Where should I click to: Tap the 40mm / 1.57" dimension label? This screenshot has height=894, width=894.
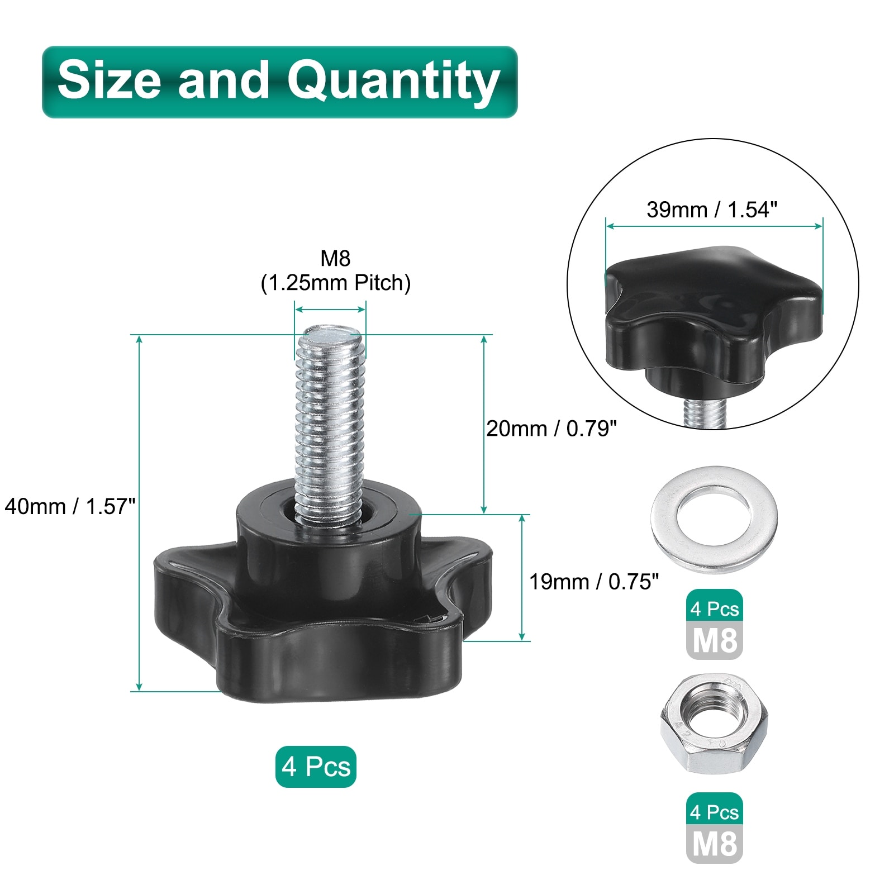70,507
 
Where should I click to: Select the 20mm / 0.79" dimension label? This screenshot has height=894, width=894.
551,429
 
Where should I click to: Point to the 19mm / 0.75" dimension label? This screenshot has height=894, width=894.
594,582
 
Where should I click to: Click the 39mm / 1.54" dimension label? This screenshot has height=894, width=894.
712,210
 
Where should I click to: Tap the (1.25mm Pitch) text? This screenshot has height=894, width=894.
336,283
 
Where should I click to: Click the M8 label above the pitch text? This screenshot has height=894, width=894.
335,258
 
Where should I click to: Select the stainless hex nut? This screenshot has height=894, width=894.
714,724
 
